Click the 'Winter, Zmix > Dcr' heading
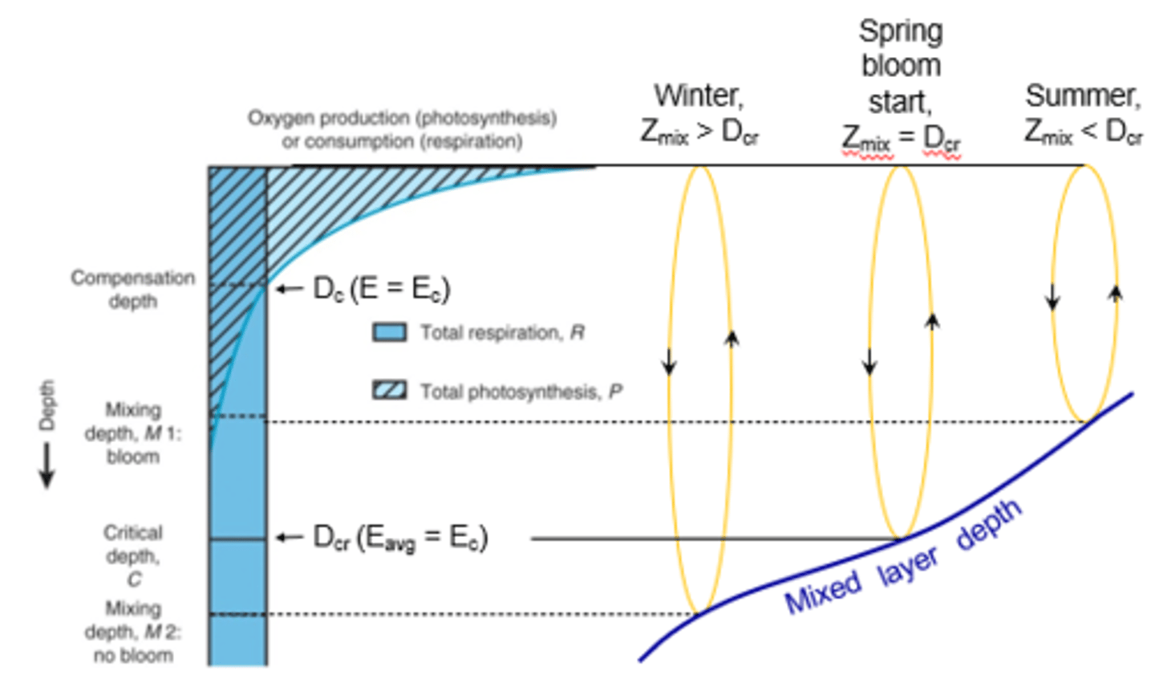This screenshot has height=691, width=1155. pyautogui.click(x=699, y=112)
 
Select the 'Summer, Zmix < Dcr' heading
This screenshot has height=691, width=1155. pyautogui.click(x=1083, y=112)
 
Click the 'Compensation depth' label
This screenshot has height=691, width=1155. pyautogui.click(x=132, y=289)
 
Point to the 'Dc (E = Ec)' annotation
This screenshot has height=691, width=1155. pyautogui.click(x=382, y=289)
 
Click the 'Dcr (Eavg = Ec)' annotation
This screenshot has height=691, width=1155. pyautogui.click(x=399, y=538)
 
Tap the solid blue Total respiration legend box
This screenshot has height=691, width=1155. pyautogui.click(x=390, y=332)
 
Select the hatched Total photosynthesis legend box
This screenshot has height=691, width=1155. pyautogui.click(x=390, y=391)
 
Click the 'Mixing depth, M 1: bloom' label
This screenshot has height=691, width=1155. pyautogui.click(x=132, y=433)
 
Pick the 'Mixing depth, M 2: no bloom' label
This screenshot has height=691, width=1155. pyautogui.click(x=132, y=632)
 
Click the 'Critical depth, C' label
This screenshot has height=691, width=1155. pyautogui.click(x=132, y=555)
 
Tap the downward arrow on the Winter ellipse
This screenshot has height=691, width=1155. pyautogui.click(x=669, y=363)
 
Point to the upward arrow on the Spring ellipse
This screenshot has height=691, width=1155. pyautogui.click(x=931, y=321)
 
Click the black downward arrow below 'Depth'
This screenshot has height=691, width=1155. pyautogui.click(x=47, y=465)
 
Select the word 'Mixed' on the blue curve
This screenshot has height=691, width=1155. pyautogui.click(x=821, y=591)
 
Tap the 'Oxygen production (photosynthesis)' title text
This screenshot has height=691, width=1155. pyautogui.click(x=402, y=118)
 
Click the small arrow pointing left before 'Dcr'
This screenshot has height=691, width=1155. pyautogui.click(x=289, y=537)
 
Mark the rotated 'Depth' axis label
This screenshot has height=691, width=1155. pyautogui.click(x=47, y=405)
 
